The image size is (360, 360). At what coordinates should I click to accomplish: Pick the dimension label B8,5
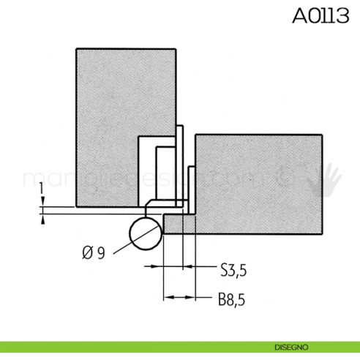coord(231,299)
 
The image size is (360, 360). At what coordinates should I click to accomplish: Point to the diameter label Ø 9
coord(94,252)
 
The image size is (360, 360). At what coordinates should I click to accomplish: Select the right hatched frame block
coord(263,183)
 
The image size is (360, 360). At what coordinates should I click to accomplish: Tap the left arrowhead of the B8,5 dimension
coord(166,298)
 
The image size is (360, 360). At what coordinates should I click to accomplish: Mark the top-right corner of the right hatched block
coord(322,135)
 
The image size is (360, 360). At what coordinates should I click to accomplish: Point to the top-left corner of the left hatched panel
coord(76,49)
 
